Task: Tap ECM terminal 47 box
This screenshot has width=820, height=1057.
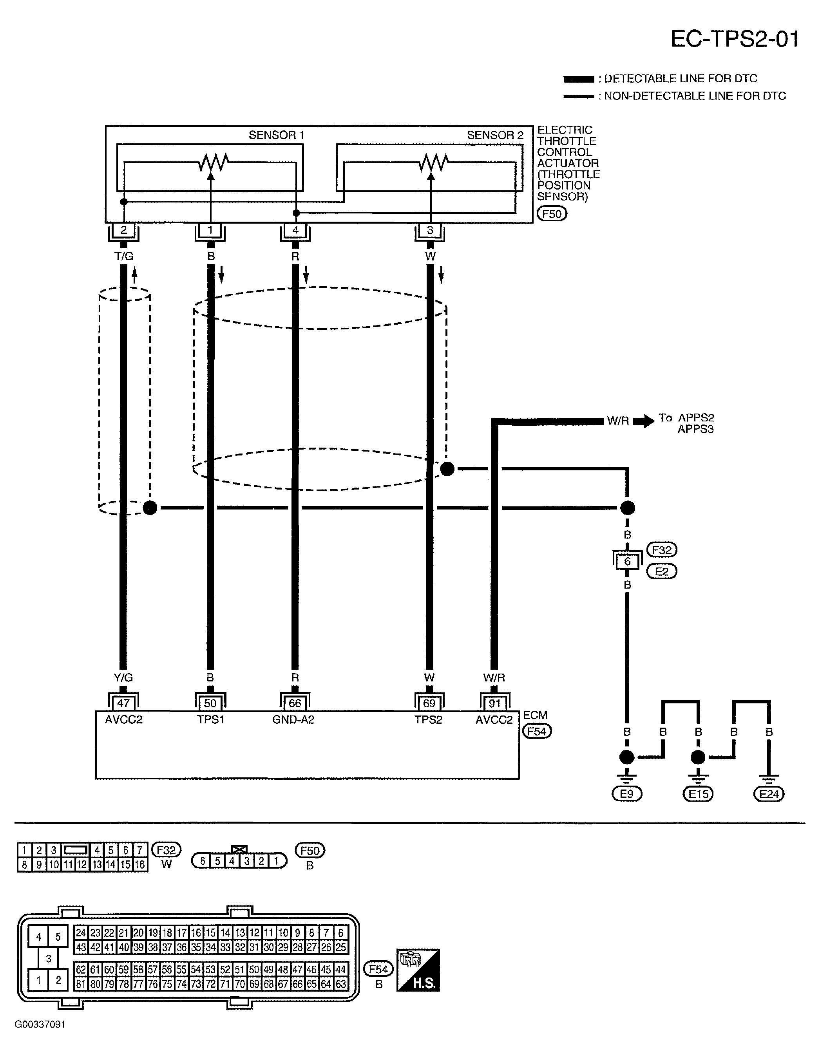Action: click(123, 703)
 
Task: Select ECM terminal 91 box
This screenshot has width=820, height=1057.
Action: click(494, 703)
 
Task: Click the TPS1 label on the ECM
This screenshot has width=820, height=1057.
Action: click(210, 720)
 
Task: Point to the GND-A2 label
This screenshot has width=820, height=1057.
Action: click(293, 720)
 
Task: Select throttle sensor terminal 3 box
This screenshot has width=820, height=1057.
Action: click(430, 230)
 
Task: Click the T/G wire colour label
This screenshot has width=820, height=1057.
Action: click(124, 256)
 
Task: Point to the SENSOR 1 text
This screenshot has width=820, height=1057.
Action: click(276, 135)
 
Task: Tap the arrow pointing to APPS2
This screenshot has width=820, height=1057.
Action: click(644, 421)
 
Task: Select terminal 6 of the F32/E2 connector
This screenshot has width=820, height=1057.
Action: click(627, 562)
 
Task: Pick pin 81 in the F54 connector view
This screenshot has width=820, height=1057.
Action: click(81, 984)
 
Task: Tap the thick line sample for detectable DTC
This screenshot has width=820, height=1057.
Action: click(579, 79)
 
